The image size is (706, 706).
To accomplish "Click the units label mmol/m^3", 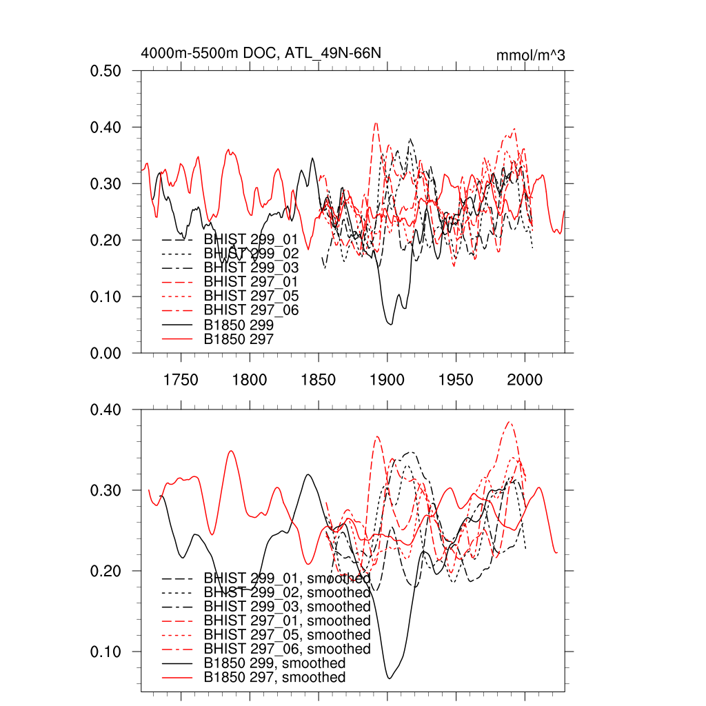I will click(530, 55).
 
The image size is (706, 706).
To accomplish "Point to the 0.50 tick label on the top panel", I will click(107, 71).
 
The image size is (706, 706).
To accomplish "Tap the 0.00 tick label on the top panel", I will click(107, 353).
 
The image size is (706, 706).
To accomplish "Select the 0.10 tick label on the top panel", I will click(107, 297).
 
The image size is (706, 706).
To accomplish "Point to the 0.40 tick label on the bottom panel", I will click(107, 410).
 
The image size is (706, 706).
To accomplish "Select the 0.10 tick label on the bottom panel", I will click(107, 652).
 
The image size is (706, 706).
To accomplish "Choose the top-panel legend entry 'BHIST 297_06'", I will click(251, 310).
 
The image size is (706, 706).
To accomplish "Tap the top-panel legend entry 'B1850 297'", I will click(239, 339).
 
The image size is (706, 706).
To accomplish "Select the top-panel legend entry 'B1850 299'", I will click(239, 325).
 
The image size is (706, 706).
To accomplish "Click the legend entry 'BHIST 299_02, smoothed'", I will click(287, 592).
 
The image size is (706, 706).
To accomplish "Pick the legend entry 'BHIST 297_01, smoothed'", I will click(287, 621).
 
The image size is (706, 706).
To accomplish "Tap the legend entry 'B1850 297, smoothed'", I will click(274, 678).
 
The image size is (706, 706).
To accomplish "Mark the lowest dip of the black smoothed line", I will click(390, 678).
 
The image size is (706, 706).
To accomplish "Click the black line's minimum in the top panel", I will click(391, 324).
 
